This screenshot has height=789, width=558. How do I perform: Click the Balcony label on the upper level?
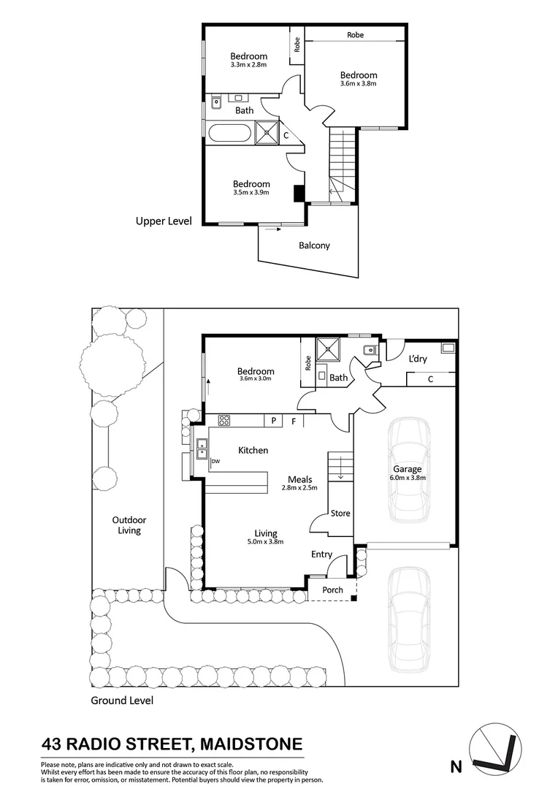click(x=314, y=245)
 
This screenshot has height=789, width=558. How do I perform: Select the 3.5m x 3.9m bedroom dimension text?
click(x=251, y=193)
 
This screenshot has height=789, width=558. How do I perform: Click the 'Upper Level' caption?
click(x=164, y=220)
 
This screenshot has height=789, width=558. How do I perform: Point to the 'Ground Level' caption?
click(x=122, y=700)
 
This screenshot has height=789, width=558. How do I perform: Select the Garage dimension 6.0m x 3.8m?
click(x=408, y=478)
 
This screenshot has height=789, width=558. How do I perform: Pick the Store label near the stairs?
click(x=340, y=514)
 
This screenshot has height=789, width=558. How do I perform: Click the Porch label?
click(x=332, y=590)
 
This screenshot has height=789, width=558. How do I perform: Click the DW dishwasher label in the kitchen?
click(x=215, y=462)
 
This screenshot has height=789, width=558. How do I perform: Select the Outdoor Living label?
click(x=126, y=525)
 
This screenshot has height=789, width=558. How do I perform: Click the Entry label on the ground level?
click(x=321, y=554)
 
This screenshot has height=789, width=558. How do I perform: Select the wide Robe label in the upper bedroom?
click(x=356, y=34)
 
